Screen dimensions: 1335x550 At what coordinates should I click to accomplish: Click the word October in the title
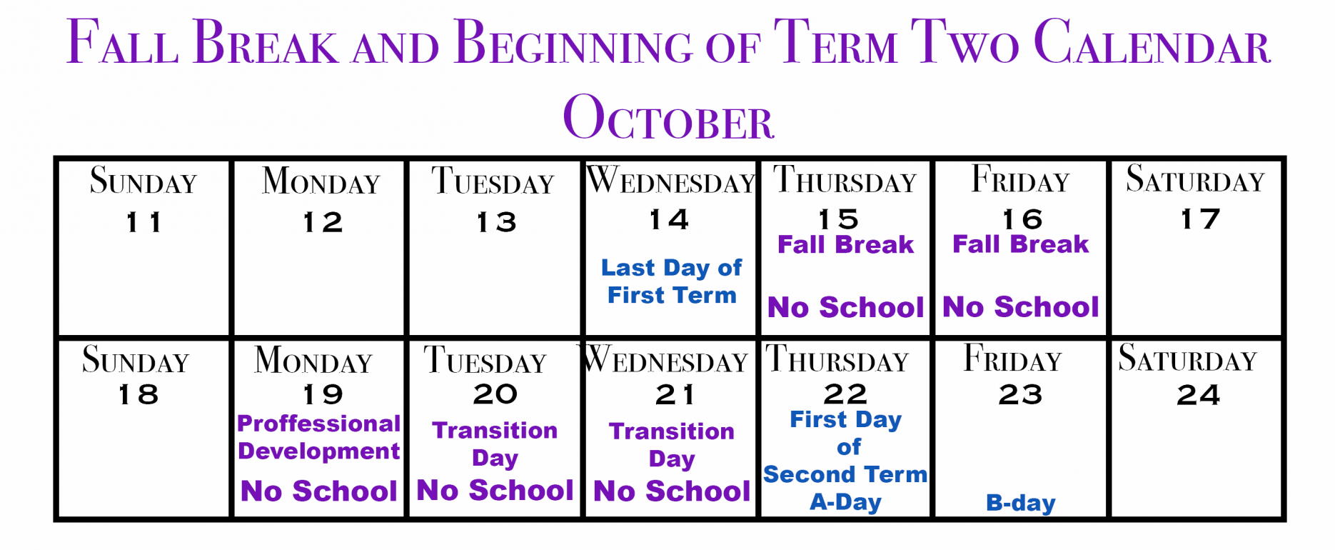click(x=668, y=118)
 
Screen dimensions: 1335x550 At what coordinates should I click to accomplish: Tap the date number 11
click(x=143, y=222)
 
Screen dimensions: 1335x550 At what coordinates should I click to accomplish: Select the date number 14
click(x=669, y=219)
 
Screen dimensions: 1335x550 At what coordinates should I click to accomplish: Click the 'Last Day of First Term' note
click(x=671, y=281)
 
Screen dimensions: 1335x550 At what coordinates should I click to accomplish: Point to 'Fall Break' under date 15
click(x=845, y=245)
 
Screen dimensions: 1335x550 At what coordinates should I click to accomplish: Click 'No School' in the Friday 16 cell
click(x=1021, y=307)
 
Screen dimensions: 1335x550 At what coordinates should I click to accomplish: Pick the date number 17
click(x=1200, y=219)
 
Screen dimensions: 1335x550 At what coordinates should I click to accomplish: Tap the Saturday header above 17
click(x=1195, y=179)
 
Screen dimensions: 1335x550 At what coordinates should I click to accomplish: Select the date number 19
click(x=323, y=394)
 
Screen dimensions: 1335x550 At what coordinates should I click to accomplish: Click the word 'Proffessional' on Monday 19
click(x=318, y=424)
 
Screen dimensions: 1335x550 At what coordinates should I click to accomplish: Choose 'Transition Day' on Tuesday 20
click(x=495, y=444)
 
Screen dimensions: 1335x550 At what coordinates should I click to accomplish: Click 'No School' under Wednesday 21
click(x=672, y=491)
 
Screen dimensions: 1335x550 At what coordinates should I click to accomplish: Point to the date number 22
click(x=845, y=394)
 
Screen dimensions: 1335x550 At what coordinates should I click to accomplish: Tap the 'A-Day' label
click(x=845, y=502)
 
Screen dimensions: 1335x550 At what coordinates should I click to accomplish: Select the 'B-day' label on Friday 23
click(x=1020, y=503)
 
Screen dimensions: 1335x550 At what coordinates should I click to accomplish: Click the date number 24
click(x=1199, y=395)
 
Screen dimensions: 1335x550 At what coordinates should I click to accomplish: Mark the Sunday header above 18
click(x=136, y=359)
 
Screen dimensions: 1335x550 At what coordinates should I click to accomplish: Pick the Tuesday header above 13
click(x=493, y=181)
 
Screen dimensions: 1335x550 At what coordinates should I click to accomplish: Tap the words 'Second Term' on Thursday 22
click(x=845, y=474)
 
